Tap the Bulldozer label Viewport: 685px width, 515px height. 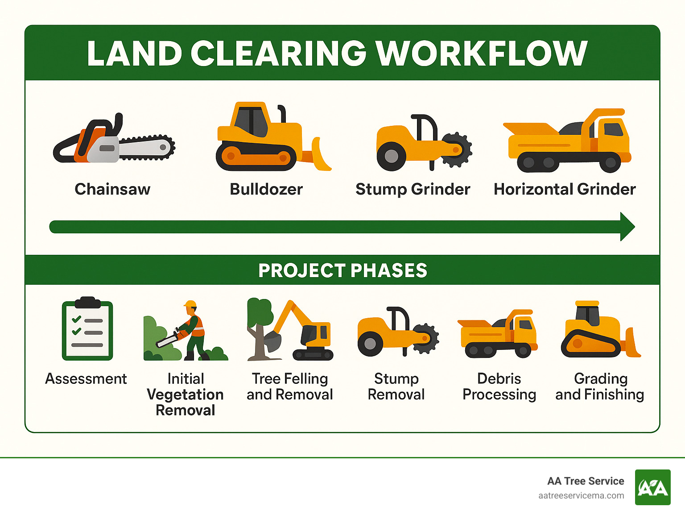click(266, 189)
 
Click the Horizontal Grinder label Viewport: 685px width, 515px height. click(565, 189)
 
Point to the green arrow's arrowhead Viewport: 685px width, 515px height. click(626, 227)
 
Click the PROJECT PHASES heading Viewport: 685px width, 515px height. click(342, 270)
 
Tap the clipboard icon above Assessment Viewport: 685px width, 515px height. click(87, 329)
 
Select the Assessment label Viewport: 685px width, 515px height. click(86, 379)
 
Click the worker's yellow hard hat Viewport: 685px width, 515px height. click(190, 304)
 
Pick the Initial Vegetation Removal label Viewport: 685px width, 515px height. click(186, 395)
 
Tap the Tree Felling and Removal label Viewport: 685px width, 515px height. click(290, 386)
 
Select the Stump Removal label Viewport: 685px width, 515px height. click(396, 386)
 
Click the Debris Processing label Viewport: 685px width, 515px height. click(499, 386)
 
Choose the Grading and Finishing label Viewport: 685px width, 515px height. click(600, 386)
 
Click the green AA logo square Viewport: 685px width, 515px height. click(652, 487)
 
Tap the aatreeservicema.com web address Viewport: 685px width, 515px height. click(581, 496)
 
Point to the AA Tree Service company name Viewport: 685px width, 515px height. click(586, 481)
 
